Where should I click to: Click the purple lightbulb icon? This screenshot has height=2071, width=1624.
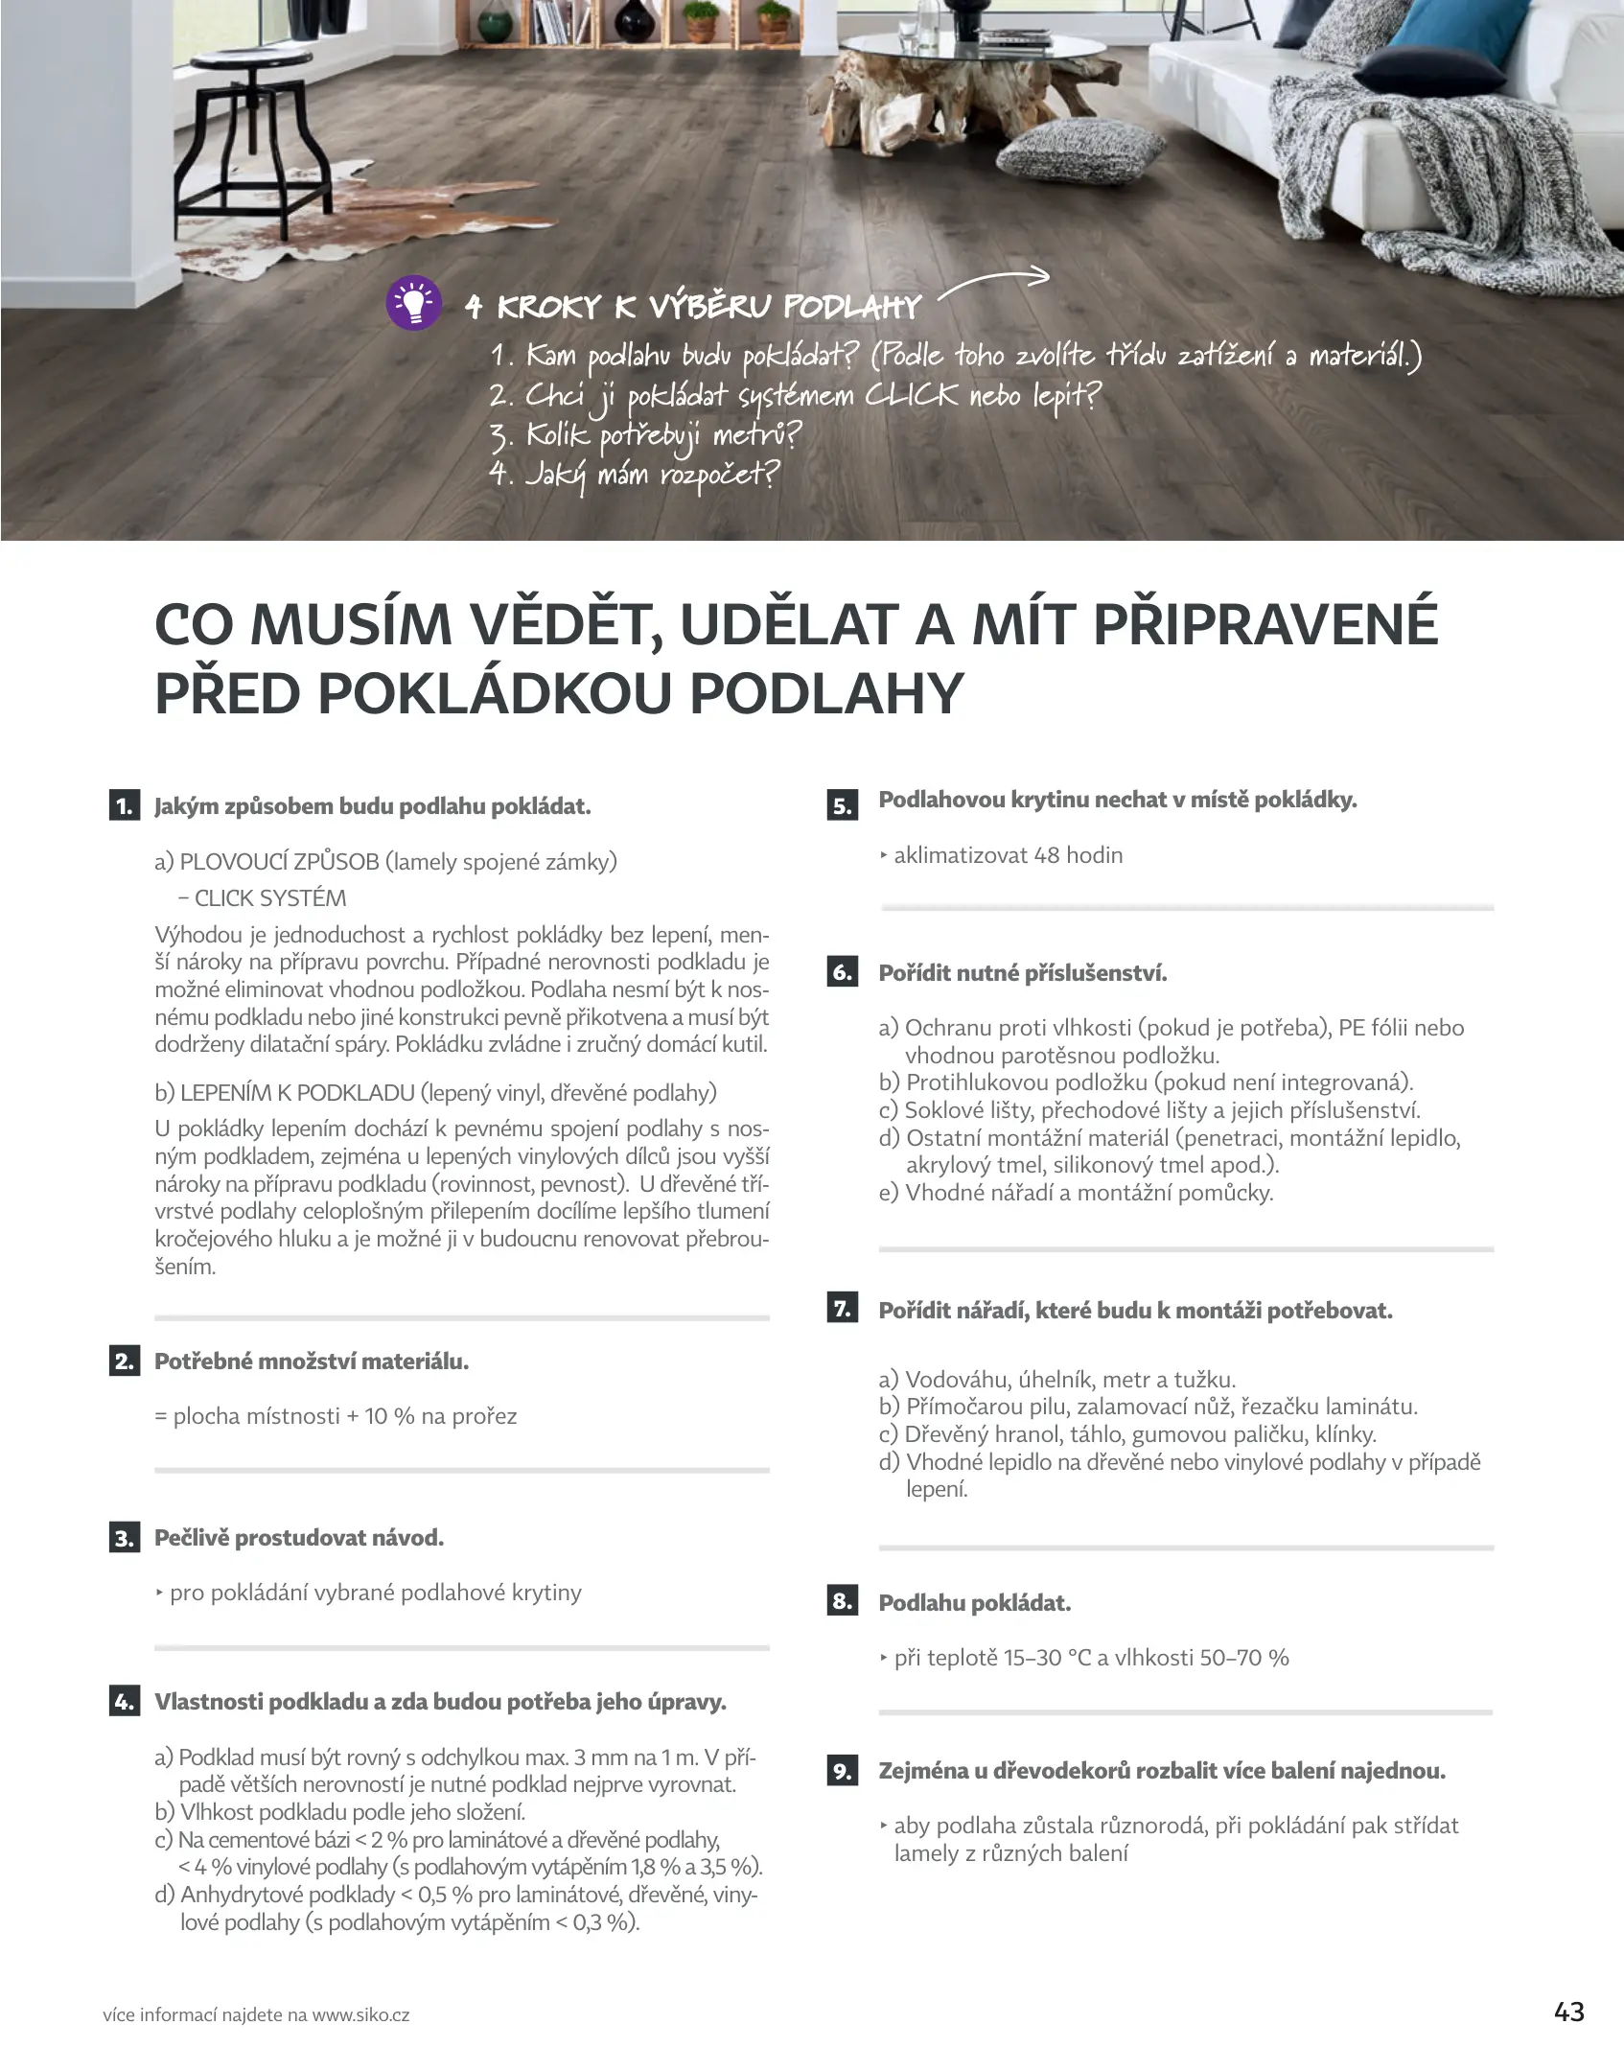413,303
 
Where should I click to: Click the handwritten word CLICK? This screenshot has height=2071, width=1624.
910,396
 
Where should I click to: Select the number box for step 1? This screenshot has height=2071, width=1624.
125,806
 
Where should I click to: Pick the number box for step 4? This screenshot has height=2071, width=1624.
125,1702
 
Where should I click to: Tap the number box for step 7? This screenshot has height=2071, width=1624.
842,1309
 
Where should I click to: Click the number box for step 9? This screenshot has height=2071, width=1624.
842,1771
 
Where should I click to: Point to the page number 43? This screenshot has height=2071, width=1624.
1568,2012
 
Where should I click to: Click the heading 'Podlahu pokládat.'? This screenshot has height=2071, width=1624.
974,1603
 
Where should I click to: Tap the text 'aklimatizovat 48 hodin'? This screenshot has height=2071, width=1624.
1008,855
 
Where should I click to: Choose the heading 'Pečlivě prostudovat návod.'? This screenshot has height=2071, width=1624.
299,1538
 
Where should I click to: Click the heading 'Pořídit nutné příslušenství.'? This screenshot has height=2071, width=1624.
1023,973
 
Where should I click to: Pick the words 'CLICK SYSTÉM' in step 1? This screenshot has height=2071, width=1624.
269,898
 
